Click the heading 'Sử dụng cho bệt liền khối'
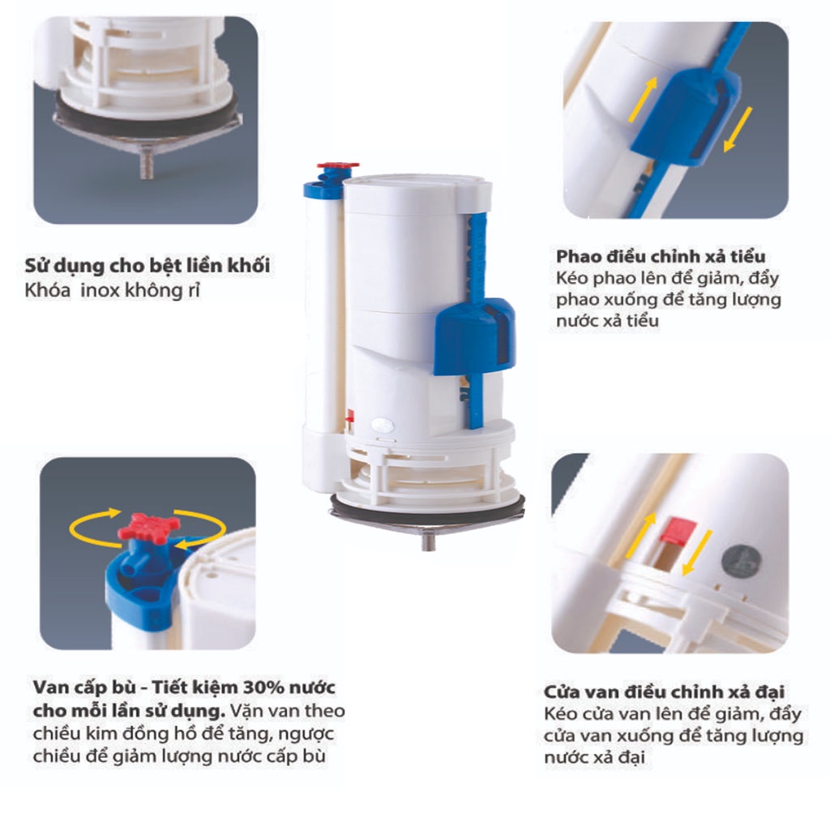click(148, 266)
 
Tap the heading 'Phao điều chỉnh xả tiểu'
click(661, 256)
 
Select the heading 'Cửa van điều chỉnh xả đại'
click(664, 692)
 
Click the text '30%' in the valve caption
click(261, 687)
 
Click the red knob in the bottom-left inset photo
click(148, 526)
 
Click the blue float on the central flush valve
click(473, 336)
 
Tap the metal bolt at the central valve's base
click(429, 541)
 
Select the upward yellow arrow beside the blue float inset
click(643, 100)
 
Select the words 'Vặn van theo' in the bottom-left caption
click(288, 710)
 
